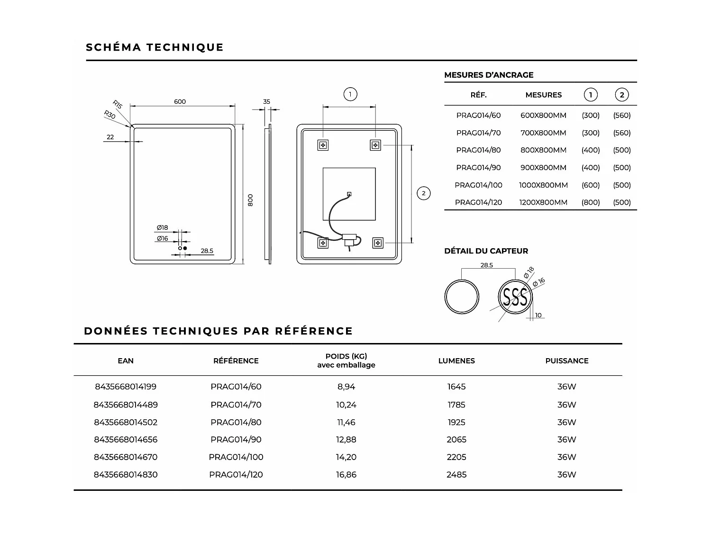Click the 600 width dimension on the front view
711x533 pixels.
pyautogui.click(x=180, y=101)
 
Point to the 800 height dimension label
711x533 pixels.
pyautogui.click(x=250, y=199)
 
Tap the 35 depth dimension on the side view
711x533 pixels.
pyautogui.click(x=266, y=101)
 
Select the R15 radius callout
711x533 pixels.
pyautogui.click(x=118, y=104)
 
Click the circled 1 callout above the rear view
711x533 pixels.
pyautogui.click(x=350, y=94)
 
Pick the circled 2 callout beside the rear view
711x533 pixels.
pyautogui.click(x=423, y=193)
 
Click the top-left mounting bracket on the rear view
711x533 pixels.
pyautogui.click(x=323, y=145)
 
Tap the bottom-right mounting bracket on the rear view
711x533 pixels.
pyautogui.click(x=378, y=243)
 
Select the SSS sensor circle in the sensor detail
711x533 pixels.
pyautogui.click(x=515, y=298)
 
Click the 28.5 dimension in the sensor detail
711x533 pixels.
pyautogui.click(x=487, y=265)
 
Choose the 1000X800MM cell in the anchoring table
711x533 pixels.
pyautogui.click(x=543, y=185)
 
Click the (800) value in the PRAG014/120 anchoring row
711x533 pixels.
pyautogui.click(x=591, y=202)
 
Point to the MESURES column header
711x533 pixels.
pyautogui.click(x=543, y=95)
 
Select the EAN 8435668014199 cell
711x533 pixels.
pyautogui.click(x=126, y=387)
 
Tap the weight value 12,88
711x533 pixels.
pyautogui.click(x=346, y=440)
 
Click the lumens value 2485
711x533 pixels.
pyautogui.click(x=456, y=475)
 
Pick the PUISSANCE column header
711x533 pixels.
pyautogui.click(x=566, y=361)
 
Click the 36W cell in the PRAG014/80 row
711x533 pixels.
pyautogui.click(x=566, y=422)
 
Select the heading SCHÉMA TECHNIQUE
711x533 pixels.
pyautogui.click(x=155, y=47)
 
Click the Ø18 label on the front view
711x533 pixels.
pyautogui.click(x=163, y=228)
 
